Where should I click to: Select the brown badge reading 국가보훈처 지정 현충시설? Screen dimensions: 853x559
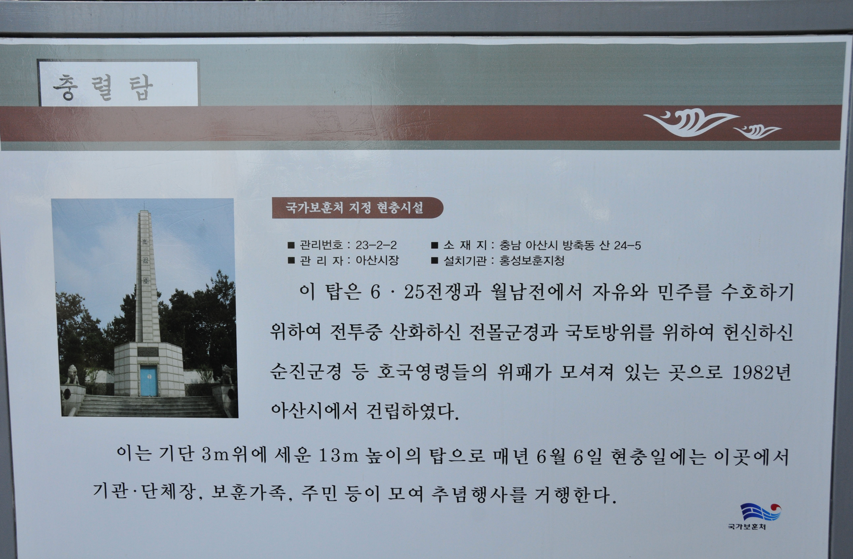point(357,208)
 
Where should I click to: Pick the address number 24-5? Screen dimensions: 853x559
point(627,246)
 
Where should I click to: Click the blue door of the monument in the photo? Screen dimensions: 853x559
point(148,381)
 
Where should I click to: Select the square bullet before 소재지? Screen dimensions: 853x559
point(434,246)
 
